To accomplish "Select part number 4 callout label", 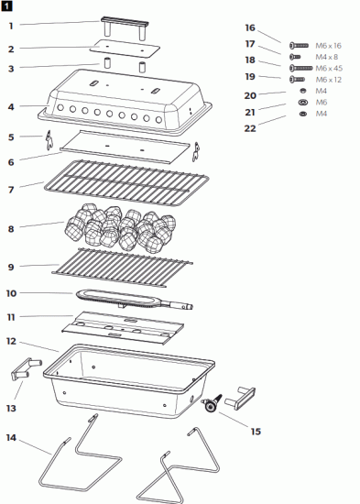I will [10, 107].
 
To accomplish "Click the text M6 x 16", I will [328, 45].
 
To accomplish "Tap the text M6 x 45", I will [328, 68].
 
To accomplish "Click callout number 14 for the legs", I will [10, 437].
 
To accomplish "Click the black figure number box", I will [7, 5].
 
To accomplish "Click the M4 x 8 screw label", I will [326, 57].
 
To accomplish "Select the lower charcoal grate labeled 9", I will [124, 265].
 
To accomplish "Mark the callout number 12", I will [10, 341].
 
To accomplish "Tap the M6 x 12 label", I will [327, 80].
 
